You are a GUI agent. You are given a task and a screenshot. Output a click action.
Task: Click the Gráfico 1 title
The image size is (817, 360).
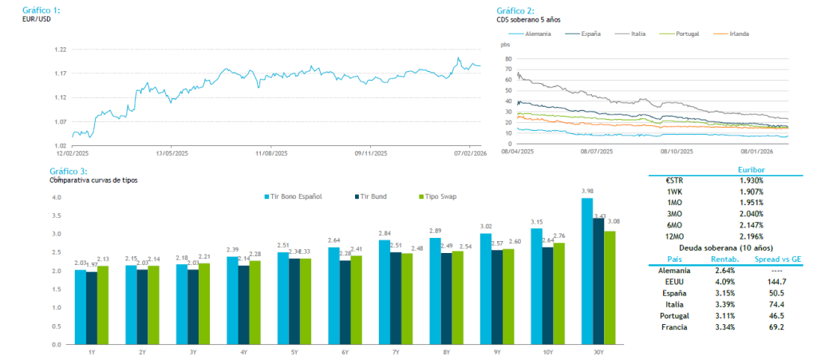(x=42, y=10)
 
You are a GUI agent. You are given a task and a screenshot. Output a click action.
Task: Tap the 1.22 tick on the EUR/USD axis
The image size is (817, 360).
(x=61, y=49)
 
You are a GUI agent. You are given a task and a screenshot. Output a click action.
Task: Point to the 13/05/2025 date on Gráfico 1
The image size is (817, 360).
(x=172, y=153)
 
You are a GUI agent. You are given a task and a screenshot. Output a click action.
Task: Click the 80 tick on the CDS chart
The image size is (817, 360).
(x=506, y=58)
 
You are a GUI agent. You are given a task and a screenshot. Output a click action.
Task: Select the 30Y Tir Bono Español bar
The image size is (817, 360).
(x=586, y=271)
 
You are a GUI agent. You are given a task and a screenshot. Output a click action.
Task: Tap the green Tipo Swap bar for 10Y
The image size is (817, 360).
(x=558, y=293)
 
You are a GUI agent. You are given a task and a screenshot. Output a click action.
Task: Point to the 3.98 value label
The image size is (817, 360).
(x=587, y=191)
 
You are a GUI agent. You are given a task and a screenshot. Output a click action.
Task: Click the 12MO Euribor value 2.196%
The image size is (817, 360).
(x=751, y=237)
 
